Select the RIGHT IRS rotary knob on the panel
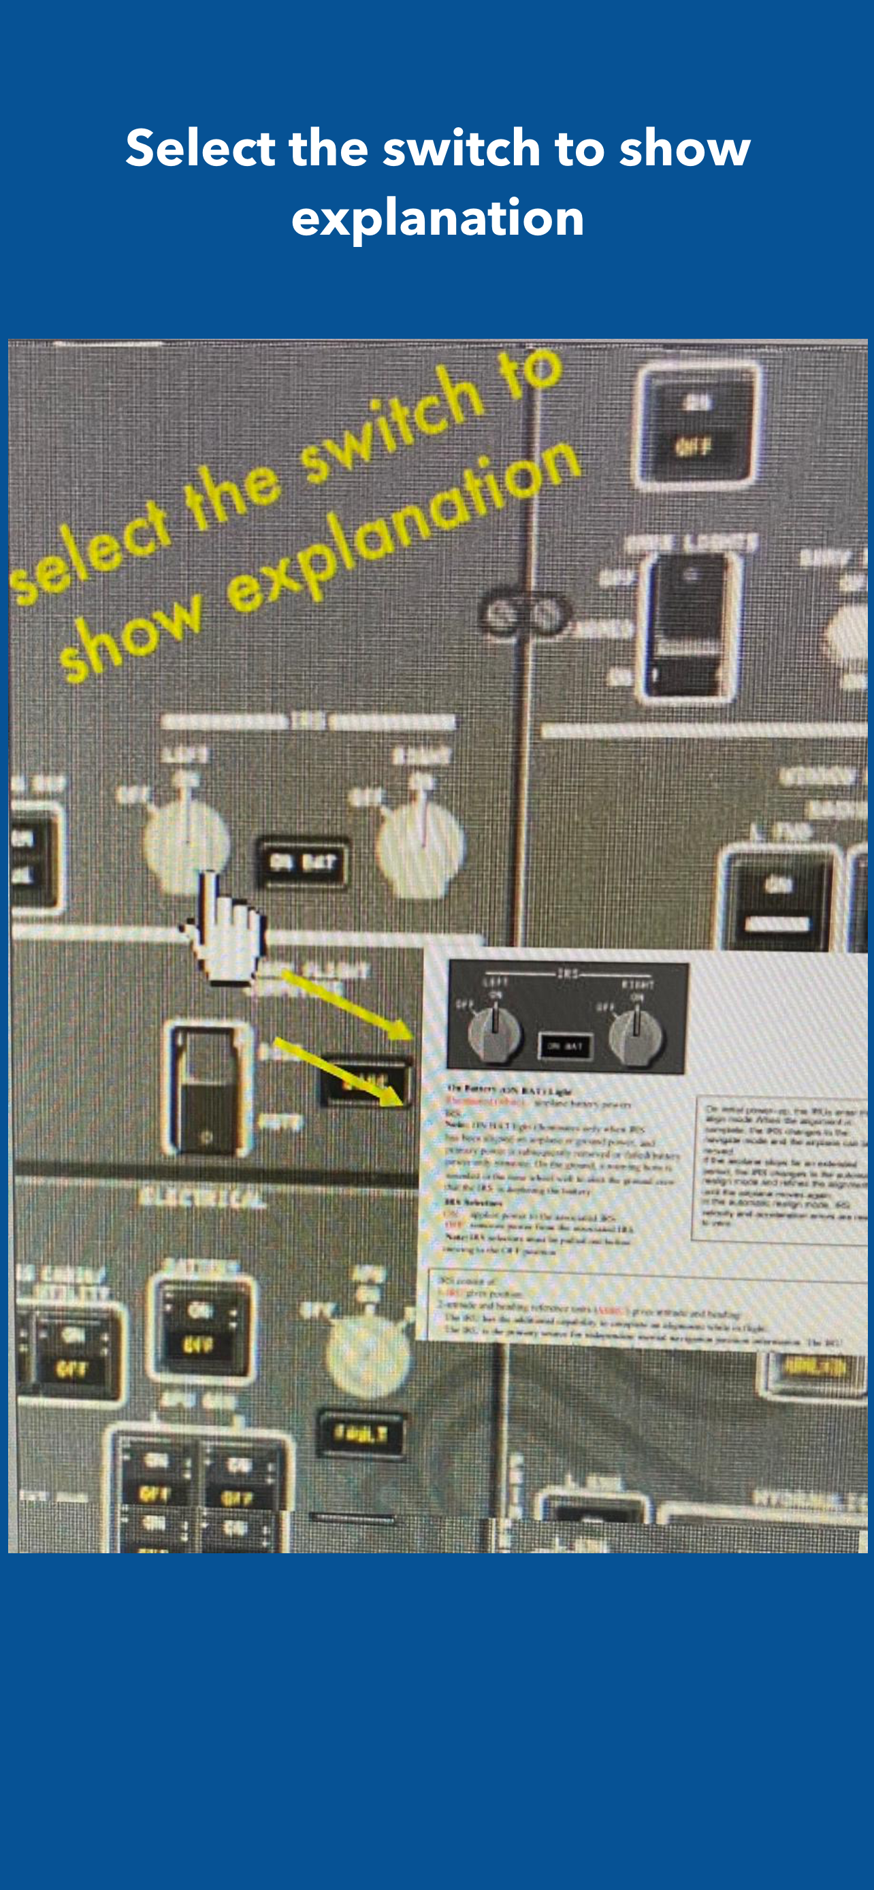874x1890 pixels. (x=421, y=848)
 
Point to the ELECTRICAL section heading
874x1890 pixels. (x=201, y=1198)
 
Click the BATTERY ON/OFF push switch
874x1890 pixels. (x=200, y=1327)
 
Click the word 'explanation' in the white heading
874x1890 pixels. (x=438, y=217)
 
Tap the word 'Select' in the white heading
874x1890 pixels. (x=199, y=148)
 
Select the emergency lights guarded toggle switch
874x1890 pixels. (x=690, y=627)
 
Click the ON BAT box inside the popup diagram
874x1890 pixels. (x=566, y=1046)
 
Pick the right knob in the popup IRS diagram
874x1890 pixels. (x=636, y=1035)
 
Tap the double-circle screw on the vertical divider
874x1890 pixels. (x=524, y=615)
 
